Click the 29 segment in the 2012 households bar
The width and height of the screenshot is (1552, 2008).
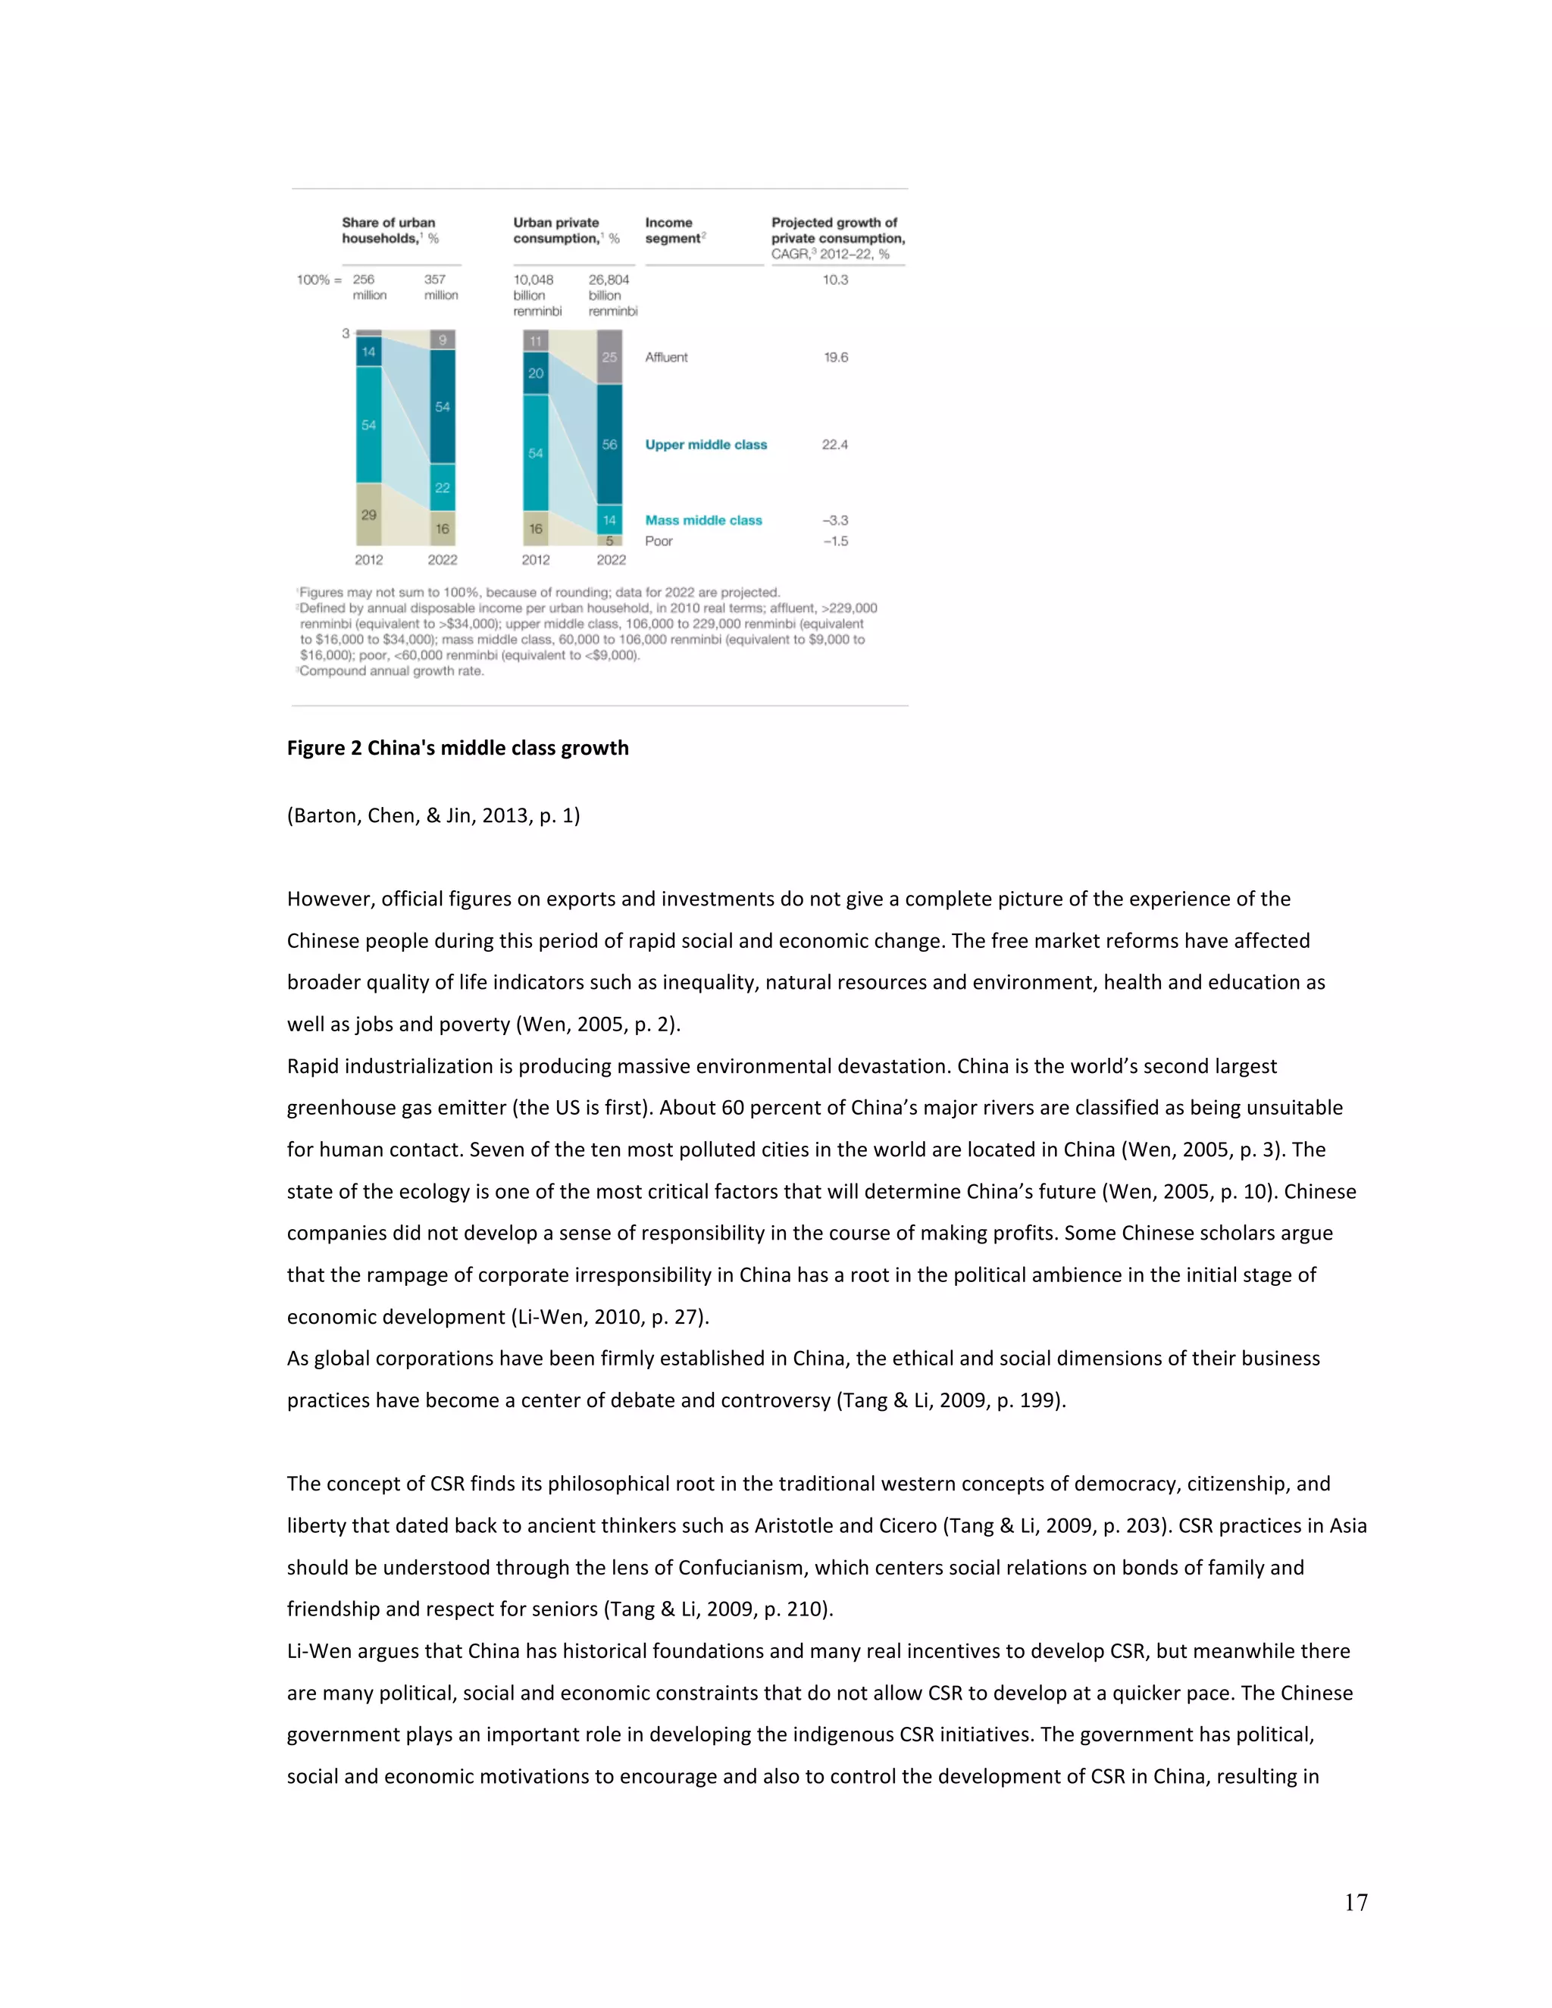369,515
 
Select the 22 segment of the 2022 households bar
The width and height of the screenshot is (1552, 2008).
443,487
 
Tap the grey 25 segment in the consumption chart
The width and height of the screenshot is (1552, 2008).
609,357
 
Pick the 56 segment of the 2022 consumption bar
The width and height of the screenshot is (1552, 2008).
609,444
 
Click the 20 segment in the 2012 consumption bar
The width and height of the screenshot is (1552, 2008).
536,374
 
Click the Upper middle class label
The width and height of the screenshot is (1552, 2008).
706,445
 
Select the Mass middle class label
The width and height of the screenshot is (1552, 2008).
703,521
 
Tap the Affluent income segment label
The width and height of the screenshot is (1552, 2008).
665,358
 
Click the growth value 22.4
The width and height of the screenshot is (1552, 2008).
835,445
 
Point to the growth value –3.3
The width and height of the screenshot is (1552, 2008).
835,521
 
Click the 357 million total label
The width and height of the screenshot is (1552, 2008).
440,287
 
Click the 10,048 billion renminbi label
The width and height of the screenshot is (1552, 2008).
537,295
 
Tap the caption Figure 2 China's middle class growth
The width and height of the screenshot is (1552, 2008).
458,749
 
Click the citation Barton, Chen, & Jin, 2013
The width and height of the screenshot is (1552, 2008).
433,815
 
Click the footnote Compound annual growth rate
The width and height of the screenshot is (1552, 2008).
392,671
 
